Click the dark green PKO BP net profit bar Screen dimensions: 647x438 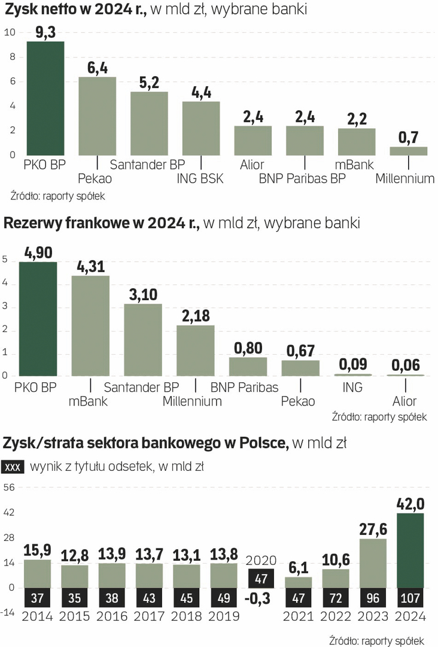click(45, 98)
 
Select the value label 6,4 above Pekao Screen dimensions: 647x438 click(97, 68)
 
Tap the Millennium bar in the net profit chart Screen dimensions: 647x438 click(409, 151)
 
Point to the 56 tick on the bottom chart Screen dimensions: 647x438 click(9, 488)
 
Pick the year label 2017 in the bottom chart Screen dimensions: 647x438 click(149, 616)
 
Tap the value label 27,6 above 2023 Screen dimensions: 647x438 click(373, 529)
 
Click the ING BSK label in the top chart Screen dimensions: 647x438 click(199, 178)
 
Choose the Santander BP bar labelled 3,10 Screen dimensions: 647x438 click(143, 340)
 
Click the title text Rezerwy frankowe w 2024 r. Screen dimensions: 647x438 click(102, 224)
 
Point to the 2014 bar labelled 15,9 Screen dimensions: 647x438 click(37, 573)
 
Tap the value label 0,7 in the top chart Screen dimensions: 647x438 click(409, 137)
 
